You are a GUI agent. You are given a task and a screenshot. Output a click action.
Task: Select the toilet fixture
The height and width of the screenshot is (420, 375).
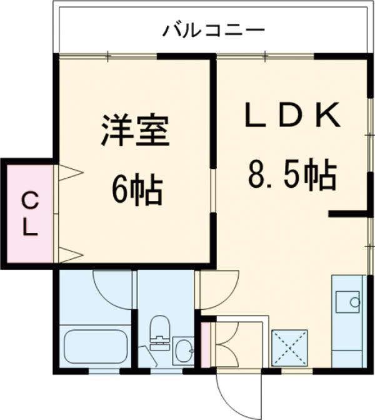pyautogui.click(x=159, y=332)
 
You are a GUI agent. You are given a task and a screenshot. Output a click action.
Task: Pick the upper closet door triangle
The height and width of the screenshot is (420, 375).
pyautogui.click(x=69, y=172)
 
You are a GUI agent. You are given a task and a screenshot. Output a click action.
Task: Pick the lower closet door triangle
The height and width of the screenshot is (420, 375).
pyautogui.click(x=69, y=254)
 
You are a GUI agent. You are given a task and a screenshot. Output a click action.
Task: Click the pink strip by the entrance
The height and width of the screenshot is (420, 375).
pyautogui.click(x=204, y=345)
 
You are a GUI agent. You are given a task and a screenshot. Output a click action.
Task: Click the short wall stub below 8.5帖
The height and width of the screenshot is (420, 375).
pyautogui.click(x=347, y=213)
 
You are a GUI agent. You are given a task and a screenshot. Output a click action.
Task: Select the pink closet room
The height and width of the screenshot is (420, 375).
pyautogui.click(x=29, y=213)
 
